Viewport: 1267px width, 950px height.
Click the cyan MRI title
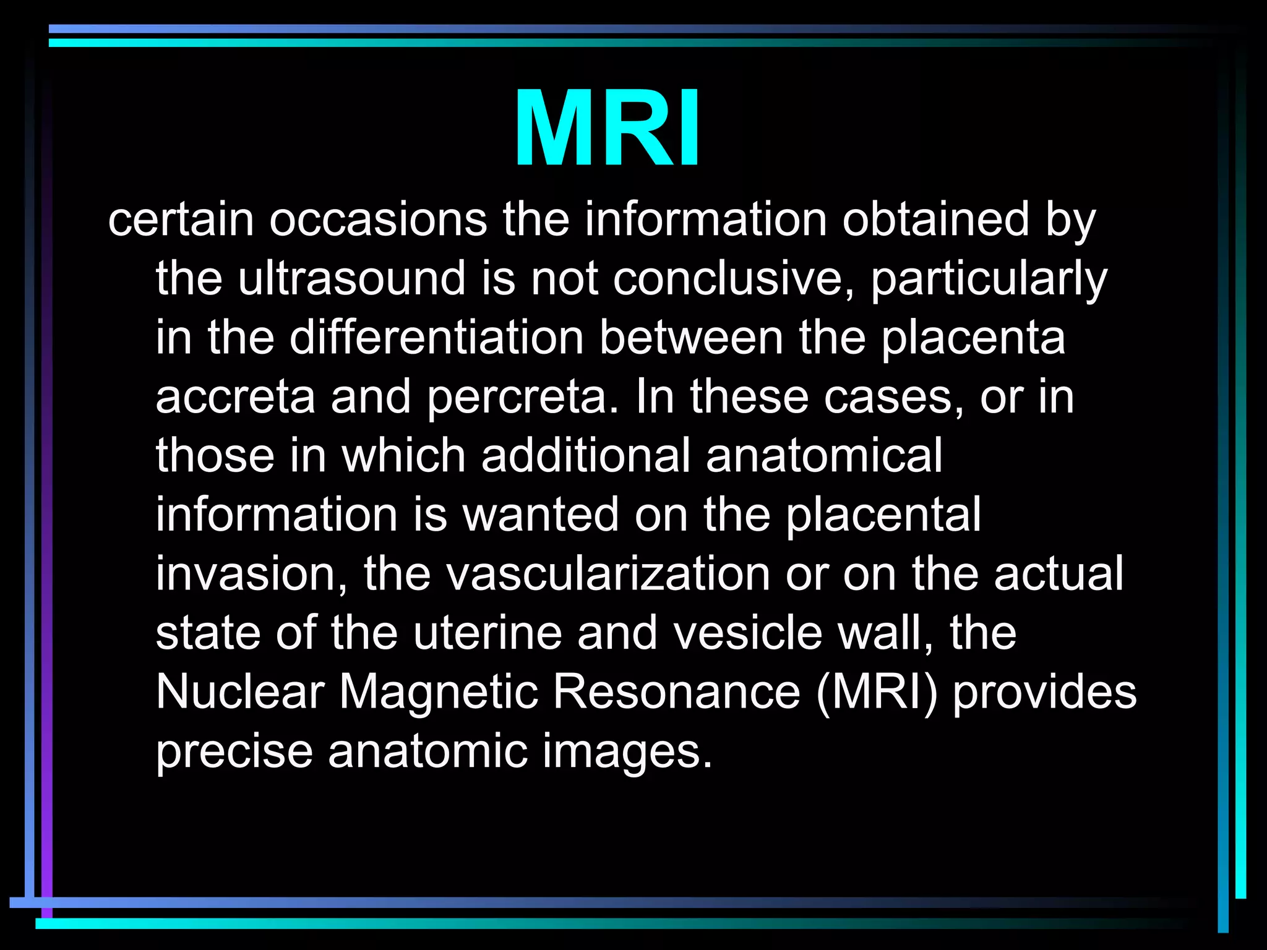click(x=607, y=129)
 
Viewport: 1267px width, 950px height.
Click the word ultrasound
click(x=351, y=278)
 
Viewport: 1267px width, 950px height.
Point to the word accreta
click(x=235, y=396)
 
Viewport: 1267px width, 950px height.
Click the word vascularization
click(x=608, y=573)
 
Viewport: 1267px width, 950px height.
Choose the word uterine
click(x=487, y=633)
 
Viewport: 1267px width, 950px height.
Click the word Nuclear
click(x=240, y=691)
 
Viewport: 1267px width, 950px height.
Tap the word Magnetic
click(x=439, y=691)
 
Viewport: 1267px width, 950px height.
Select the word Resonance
click(x=676, y=691)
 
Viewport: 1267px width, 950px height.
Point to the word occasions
click(x=378, y=219)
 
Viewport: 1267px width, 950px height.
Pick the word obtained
click(x=935, y=219)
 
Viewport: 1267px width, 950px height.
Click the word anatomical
click(x=824, y=455)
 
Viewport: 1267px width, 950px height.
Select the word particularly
click(x=989, y=278)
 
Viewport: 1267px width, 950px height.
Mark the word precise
click(x=234, y=751)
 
